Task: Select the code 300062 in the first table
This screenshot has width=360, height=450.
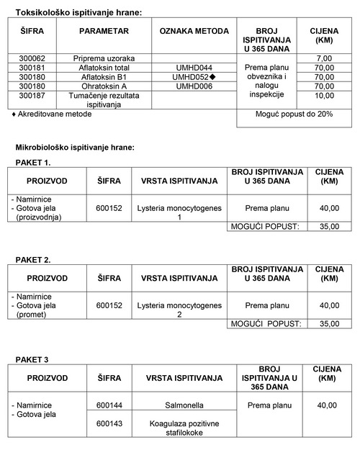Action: tap(32, 58)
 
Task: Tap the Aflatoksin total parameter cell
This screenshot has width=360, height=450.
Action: tap(104, 67)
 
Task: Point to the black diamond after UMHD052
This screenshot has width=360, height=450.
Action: tap(213, 76)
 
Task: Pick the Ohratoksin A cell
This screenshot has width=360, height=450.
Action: tap(104, 86)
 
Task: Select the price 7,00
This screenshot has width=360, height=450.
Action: tap(324, 58)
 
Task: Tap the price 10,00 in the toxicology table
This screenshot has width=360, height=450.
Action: tap(324, 95)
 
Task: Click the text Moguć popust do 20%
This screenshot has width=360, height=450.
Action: tap(294, 114)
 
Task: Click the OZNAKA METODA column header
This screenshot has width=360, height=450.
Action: tap(193, 32)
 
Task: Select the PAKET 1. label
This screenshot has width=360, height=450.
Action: tap(33, 163)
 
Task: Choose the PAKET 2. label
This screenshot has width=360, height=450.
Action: tap(33, 259)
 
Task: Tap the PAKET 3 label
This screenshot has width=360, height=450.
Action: tap(32, 359)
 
